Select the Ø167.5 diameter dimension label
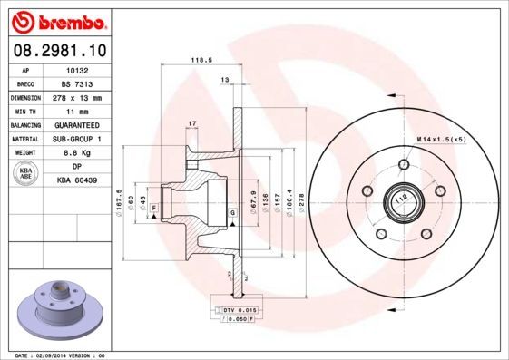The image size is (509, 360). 120,199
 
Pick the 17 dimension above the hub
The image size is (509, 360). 191,122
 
